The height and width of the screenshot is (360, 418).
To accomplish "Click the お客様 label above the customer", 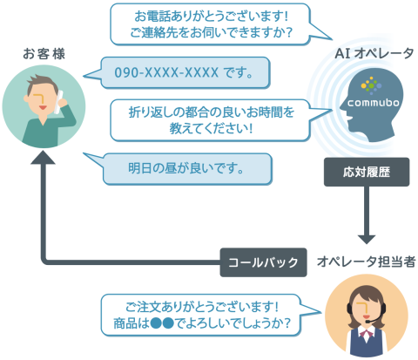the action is coord(44,54).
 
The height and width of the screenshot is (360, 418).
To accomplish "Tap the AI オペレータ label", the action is coord(374,53).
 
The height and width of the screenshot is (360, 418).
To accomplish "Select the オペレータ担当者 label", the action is coord(367,262).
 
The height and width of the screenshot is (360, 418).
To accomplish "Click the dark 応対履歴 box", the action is coord(367,172).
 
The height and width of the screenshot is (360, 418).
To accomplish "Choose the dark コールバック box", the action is coord(263,262).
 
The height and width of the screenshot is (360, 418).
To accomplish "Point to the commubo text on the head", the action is coord(374,103).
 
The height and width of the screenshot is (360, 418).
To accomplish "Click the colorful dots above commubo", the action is coord(371,85).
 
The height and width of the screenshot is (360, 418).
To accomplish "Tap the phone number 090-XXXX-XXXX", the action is coord(166,72).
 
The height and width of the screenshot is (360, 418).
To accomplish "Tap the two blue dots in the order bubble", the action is coord(162,323).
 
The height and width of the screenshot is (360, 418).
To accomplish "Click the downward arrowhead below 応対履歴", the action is coord(367,239).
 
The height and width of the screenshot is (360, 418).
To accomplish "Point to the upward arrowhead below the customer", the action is coord(43,157).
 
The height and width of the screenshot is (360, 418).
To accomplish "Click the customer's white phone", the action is coord(59,102).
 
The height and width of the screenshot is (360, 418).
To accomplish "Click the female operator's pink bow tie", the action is coord(367,333).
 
